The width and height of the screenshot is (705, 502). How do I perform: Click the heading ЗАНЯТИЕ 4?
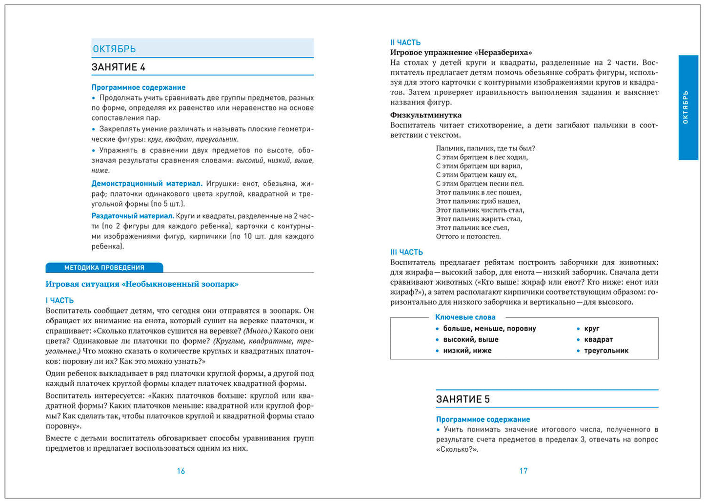pos(119,67)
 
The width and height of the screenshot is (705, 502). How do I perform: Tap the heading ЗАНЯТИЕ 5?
pos(463,399)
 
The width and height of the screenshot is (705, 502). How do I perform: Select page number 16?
pos(181,471)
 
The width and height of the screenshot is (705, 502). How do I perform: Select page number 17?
pos(523,471)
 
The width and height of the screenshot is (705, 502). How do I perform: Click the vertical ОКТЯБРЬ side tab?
pos(688,107)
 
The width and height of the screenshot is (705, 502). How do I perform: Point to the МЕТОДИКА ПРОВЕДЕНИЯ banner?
pos(104,268)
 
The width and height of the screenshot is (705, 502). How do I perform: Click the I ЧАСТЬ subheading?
pos(60,300)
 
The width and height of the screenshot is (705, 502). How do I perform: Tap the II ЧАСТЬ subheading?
pos(405,42)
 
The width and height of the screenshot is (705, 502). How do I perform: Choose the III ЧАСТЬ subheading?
pos(406,252)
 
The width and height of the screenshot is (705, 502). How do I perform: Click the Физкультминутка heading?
pos(426,115)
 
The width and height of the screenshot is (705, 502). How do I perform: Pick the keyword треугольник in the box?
pos(606,351)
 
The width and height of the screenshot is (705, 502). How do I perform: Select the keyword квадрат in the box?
pos(598,339)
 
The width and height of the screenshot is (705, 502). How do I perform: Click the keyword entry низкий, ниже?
pos(467,351)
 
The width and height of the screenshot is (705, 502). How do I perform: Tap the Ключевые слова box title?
pos(465,317)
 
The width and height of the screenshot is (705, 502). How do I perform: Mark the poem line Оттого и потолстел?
pos(468,236)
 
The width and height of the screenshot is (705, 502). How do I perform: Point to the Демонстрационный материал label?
pos(147,184)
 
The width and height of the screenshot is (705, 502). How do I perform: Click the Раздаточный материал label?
pos(133,216)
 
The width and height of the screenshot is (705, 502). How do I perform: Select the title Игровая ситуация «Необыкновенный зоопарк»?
pos(142,284)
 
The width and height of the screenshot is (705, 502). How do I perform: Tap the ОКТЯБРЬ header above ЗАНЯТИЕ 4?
pos(114,49)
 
